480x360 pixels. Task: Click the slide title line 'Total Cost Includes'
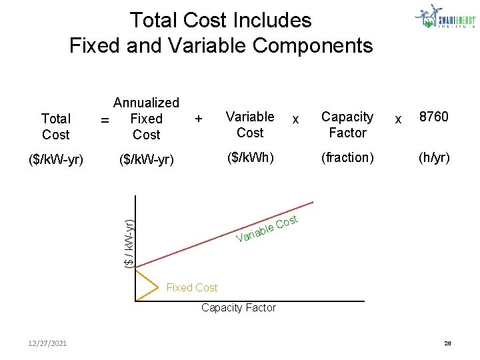[221, 20]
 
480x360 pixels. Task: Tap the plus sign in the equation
[198, 119]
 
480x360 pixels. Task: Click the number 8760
[433, 117]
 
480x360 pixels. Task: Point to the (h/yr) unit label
[433, 158]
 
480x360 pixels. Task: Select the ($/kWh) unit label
[250, 158]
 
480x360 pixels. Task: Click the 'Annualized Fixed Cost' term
[146, 119]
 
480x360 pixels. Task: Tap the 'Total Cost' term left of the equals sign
[55, 127]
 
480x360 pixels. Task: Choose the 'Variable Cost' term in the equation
[250, 125]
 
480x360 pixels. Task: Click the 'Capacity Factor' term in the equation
[347, 125]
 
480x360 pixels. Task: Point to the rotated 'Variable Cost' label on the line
[267, 228]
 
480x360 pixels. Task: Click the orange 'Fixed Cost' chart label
[191, 287]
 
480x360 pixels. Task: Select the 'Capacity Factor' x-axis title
[238, 307]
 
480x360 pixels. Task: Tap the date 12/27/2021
[47, 343]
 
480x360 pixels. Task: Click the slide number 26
[448, 343]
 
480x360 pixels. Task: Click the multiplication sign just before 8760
[399, 119]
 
